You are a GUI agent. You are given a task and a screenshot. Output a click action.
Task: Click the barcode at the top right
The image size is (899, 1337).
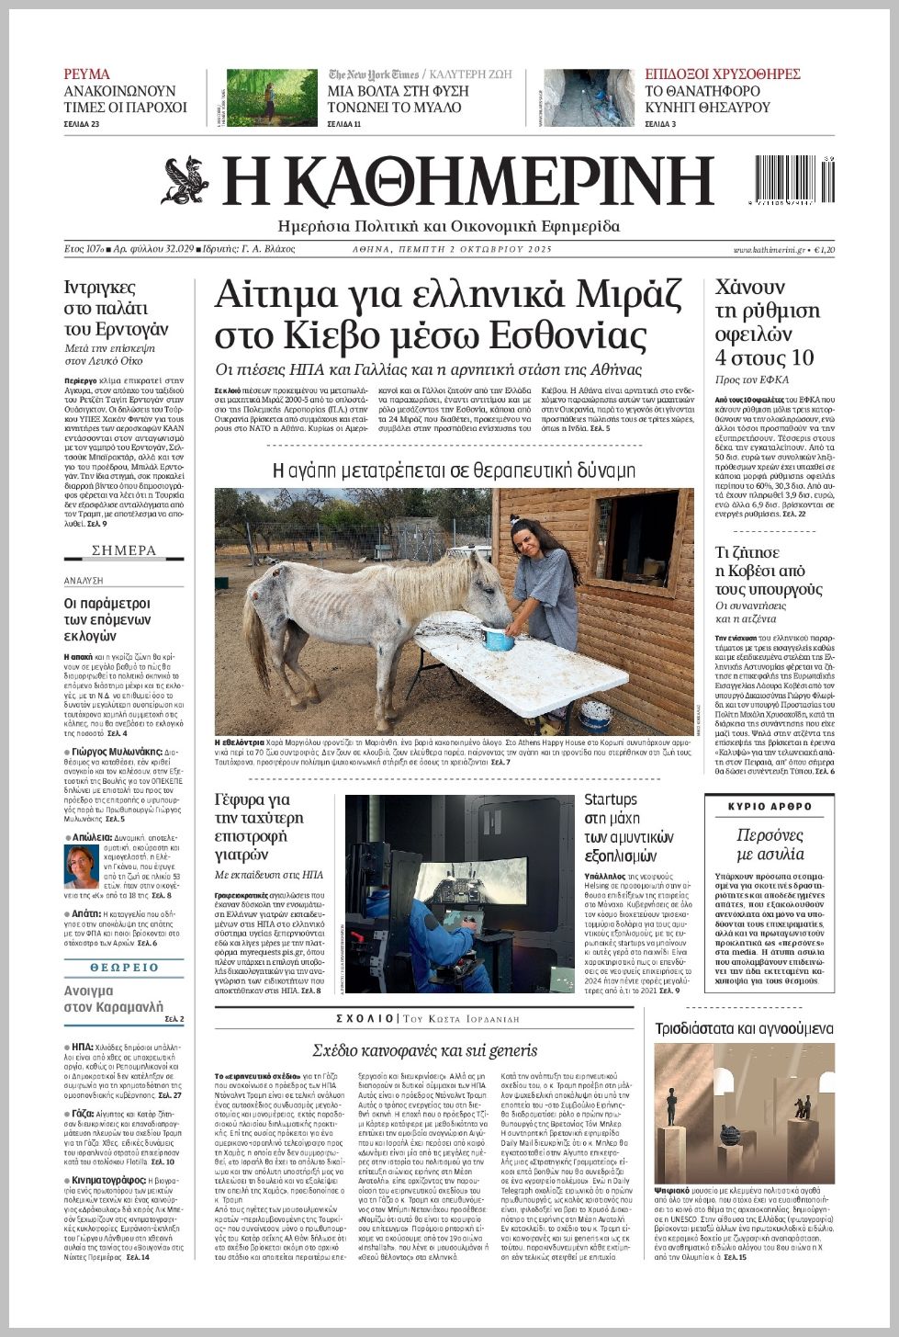point(794,179)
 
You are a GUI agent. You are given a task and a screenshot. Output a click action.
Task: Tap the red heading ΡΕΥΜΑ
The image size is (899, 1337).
point(86,74)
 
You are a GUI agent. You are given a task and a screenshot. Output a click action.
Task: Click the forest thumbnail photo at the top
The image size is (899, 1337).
point(271,97)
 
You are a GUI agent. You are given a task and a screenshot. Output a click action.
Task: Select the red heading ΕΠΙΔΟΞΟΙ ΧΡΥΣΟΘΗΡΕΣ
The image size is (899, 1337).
point(722,74)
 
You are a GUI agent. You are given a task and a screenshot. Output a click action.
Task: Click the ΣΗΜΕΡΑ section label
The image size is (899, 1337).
point(124,550)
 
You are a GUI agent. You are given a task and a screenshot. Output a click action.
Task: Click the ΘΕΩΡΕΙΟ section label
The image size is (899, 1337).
point(124,968)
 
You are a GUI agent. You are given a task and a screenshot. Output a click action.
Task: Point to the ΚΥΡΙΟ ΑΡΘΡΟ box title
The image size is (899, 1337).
point(770,806)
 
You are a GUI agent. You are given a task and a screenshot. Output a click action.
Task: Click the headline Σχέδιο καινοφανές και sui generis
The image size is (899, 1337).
point(424,1050)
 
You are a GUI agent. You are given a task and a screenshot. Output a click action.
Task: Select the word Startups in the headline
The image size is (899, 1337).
point(611,799)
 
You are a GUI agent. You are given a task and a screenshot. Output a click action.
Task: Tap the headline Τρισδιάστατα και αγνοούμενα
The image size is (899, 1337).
point(744,1028)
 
